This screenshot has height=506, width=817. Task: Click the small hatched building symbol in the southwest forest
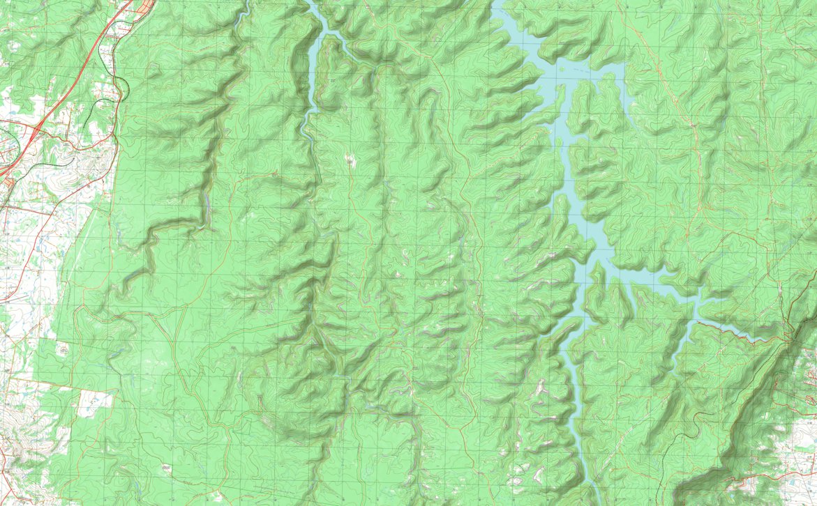(166, 467)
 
